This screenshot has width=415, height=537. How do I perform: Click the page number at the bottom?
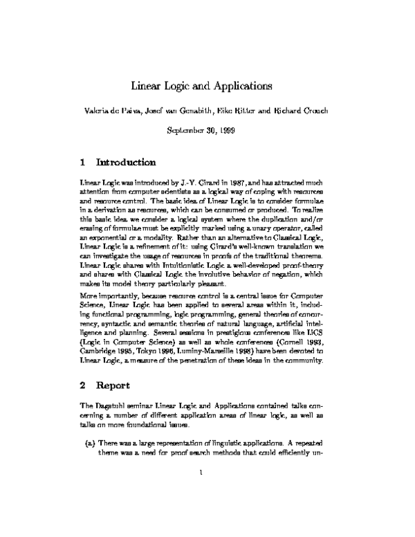[200, 492]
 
